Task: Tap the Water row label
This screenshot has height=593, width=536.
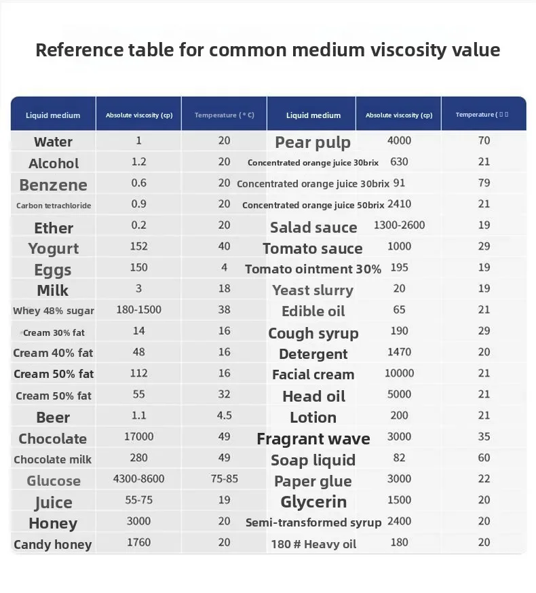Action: click(x=53, y=142)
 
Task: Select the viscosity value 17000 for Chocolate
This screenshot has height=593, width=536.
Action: click(x=138, y=437)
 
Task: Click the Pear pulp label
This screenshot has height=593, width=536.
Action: click(x=313, y=142)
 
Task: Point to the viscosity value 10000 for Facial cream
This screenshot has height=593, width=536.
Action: click(x=399, y=373)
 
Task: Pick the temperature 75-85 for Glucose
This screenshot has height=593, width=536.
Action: click(x=225, y=478)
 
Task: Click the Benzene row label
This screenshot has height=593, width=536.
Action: click(x=53, y=185)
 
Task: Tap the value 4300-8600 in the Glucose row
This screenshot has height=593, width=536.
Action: click(x=138, y=478)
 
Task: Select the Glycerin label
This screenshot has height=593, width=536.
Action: click(x=313, y=501)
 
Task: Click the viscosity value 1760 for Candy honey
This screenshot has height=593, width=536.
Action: click(x=138, y=542)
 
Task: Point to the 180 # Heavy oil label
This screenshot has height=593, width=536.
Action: click(x=313, y=543)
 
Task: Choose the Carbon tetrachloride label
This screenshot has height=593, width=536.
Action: click(x=54, y=205)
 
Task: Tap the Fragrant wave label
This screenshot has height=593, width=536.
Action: click(x=313, y=439)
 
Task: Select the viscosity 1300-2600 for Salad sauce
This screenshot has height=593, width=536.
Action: click(x=399, y=225)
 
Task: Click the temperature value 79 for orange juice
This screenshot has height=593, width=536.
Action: click(x=484, y=183)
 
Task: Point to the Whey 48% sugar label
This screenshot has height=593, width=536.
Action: click(x=54, y=311)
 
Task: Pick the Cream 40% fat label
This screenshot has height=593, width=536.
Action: click(x=54, y=353)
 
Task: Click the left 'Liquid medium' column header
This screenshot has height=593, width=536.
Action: click(x=53, y=115)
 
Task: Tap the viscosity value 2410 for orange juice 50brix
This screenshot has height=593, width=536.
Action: click(x=399, y=204)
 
